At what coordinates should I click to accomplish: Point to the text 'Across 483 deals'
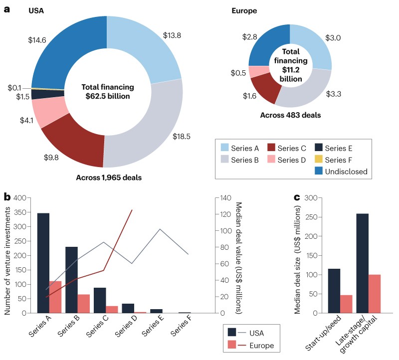click(290, 115)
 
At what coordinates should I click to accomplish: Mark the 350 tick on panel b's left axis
click(18, 212)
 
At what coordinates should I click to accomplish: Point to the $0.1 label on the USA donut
click(15, 88)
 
